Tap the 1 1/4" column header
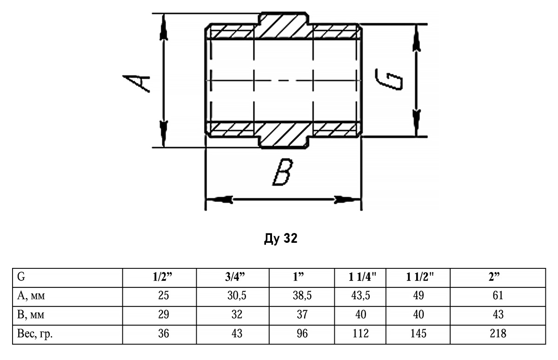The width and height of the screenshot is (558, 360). click(x=363, y=278)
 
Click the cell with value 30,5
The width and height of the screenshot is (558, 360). click(x=237, y=296)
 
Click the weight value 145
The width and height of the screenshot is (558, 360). click(x=418, y=333)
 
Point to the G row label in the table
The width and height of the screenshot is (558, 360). click(x=20, y=278)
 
